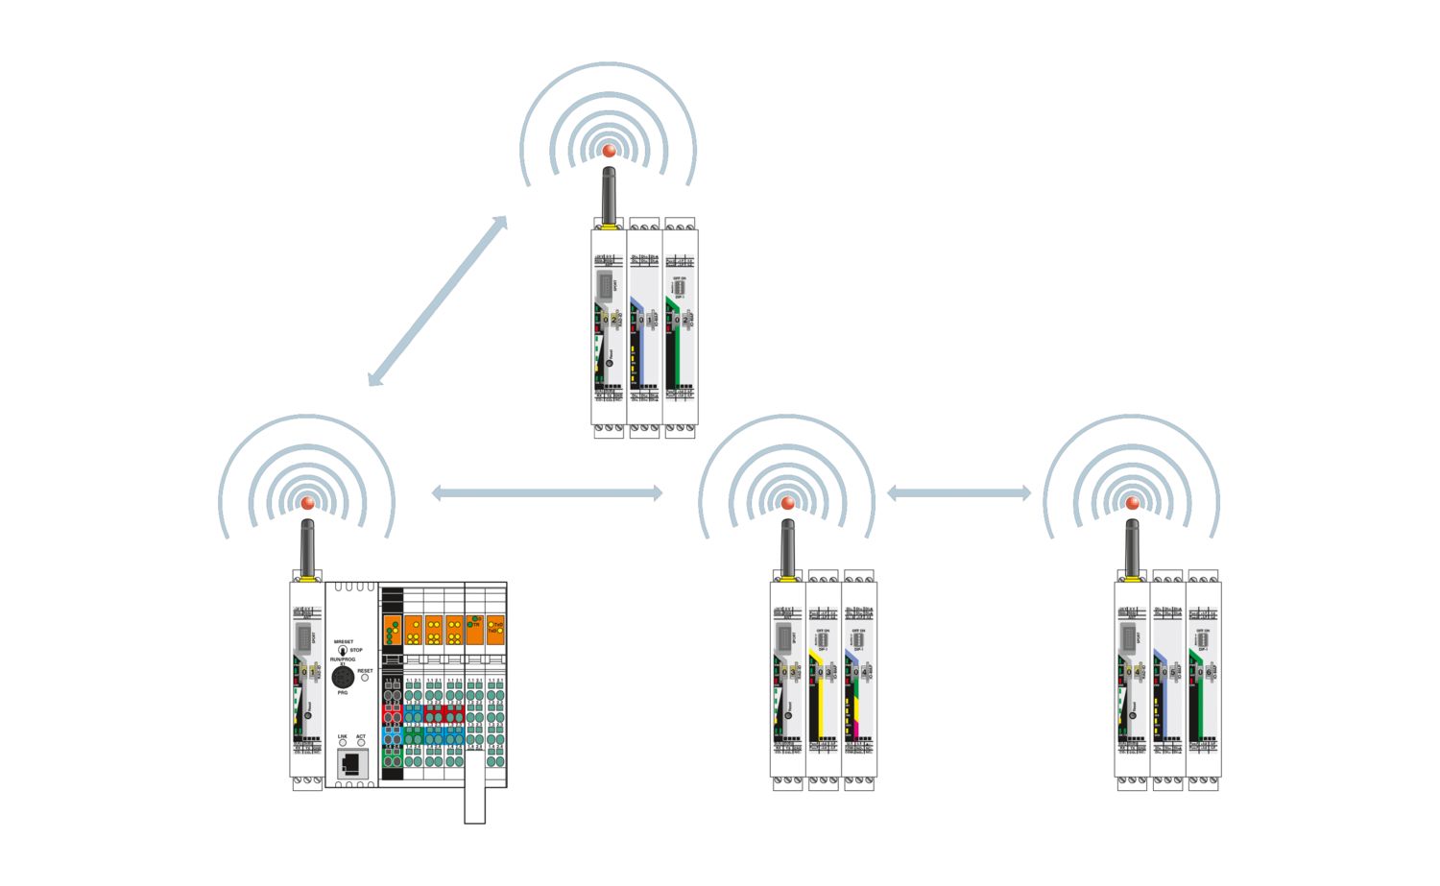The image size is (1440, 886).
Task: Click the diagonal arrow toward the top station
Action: tap(438, 300)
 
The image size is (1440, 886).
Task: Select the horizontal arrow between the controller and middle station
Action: tap(546, 493)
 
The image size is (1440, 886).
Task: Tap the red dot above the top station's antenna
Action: tap(609, 151)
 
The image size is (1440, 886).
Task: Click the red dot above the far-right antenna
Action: tap(1132, 503)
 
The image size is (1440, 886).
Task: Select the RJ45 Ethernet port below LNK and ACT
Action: tap(350, 764)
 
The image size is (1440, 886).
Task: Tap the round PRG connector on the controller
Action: tap(343, 678)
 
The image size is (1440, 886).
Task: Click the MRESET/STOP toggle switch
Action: tap(342, 651)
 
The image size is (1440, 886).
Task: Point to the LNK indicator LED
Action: tap(342, 743)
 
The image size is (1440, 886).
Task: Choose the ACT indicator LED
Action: tap(361, 743)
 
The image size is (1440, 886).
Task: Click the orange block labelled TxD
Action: tap(495, 628)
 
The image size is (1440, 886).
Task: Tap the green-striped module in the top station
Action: tap(681, 326)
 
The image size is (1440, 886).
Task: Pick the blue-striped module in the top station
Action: tap(644, 326)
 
